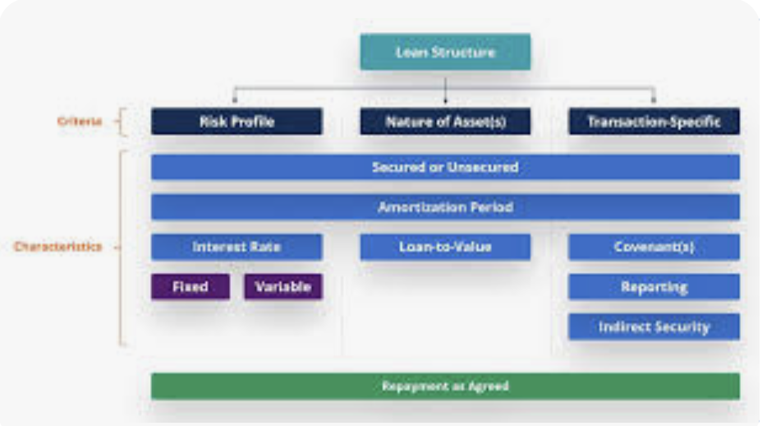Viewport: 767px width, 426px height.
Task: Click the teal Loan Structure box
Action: pos(445,52)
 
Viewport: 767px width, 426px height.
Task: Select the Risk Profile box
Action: pos(237,122)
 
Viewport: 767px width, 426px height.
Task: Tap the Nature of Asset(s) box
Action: pos(445,122)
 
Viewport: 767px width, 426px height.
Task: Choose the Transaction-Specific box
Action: pos(654,122)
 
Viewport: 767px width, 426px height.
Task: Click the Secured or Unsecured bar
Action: pos(445,167)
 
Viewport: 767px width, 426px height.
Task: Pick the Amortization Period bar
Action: pos(445,207)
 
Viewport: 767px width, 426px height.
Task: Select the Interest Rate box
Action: pos(237,247)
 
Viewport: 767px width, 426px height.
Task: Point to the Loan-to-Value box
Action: pos(445,247)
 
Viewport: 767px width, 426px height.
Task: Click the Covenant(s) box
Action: pos(654,247)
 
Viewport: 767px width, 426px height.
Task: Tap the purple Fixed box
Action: pos(190,287)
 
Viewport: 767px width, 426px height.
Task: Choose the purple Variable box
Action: pos(282,287)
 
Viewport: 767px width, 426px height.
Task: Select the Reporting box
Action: pos(654,287)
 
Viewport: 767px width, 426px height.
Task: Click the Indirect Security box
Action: pos(654,326)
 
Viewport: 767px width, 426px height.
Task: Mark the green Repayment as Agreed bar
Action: pos(445,386)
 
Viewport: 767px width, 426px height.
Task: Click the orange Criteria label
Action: pos(80,122)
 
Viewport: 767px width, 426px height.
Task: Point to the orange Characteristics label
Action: pos(57,247)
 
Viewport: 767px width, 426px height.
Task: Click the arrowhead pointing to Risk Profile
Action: pos(237,101)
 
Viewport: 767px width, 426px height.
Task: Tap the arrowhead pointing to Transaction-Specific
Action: pos(654,101)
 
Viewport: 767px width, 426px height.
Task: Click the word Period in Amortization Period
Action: pos(491,207)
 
